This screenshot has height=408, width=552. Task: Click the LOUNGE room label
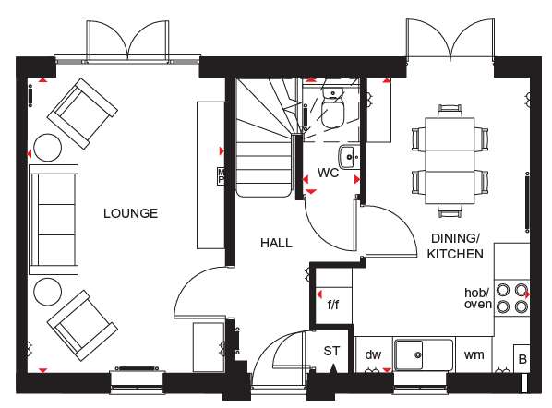(x=130, y=213)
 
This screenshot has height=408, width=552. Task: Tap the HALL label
(x=276, y=243)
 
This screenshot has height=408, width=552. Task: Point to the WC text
(x=328, y=173)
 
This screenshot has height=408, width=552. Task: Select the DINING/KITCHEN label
(x=455, y=246)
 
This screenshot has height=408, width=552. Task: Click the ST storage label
(x=332, y=351)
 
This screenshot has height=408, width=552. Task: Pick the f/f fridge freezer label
(x=333, y=304)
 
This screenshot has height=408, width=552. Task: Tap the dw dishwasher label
(x=373, y=354)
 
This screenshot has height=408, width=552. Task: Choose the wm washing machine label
(x=474, y=354)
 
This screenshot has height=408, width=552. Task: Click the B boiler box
(x=522, y=358)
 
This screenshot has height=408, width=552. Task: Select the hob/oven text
(x=478, y=298)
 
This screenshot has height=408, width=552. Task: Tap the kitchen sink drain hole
(x=418, y=354)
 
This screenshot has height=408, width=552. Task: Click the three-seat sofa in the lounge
(x=54, y=220)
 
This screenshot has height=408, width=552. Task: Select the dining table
(x=450, y=162)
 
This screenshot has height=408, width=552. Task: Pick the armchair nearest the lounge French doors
(x=82, y=114)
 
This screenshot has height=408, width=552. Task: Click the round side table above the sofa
(x=47, y=148)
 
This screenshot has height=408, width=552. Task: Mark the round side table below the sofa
(x=47, y=292)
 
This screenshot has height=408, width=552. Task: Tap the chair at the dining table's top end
(x=450, y=112)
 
